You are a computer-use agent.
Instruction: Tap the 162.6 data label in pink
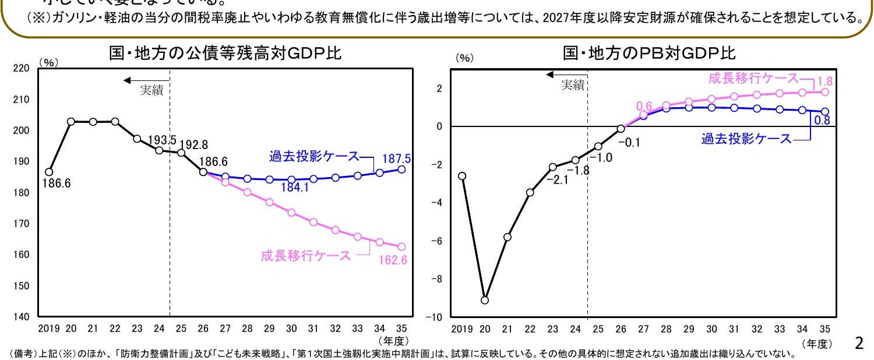(x=393, y=260)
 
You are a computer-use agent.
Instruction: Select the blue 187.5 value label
(x=397, y=158)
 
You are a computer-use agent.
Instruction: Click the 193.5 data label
(x=162, y=140)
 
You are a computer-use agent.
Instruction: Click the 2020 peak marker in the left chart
(x=71, y=122)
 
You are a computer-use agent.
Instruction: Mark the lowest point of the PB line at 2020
(x=484, y=300)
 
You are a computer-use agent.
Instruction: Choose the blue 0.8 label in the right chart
(x=822, y=121)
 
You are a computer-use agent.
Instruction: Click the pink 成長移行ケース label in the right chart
(x=752, y=78)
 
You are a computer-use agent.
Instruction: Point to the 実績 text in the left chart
(x=151, y=90)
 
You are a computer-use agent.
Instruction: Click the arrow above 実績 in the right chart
(x=565, y=75)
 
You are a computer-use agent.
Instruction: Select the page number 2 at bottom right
(x=858, y=343)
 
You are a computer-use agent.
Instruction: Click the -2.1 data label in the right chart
(x=561, y=180)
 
